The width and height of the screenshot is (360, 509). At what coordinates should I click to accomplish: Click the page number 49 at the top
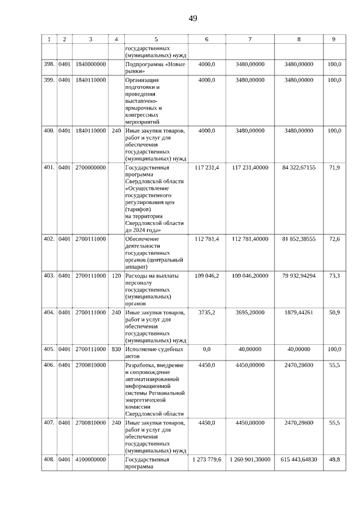coord(192,19)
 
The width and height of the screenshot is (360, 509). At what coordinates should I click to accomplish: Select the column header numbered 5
coord(156,39)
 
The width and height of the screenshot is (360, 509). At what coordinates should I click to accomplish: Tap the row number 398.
coord(49,65)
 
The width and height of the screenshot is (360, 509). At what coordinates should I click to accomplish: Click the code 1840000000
coord(91,65)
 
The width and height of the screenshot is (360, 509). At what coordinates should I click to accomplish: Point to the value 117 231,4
coord(206,167)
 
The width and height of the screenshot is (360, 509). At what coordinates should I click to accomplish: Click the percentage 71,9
coord(334,167)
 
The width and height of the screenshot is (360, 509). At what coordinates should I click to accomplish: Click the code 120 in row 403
coord(116,276)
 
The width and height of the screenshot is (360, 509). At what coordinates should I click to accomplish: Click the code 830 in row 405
coord(116,349)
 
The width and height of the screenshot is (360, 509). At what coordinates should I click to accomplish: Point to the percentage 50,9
coord(334,312)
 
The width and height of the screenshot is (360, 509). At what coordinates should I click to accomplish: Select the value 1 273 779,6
coord(206,460)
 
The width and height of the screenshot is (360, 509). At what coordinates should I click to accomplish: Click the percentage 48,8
coord(334,460)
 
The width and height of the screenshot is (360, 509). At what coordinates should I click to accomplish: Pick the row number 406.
coord(49,366)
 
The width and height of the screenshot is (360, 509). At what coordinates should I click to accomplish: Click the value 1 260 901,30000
coord(250,460)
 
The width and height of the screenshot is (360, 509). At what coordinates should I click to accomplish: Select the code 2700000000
coord(91,167)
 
